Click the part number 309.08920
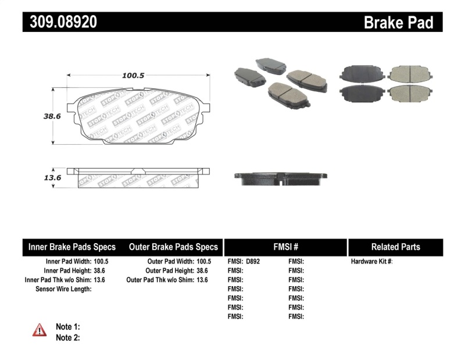coord(60,22)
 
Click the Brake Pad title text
coord(398,22)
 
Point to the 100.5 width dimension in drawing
coord(133,75)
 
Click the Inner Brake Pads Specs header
coord(72,247)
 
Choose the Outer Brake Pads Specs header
coord(173,247)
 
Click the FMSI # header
coord(285,247)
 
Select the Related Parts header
coord(395,247)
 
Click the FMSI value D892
coord(253,262)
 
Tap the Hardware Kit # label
coord(371,262)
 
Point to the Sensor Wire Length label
coord(63,289)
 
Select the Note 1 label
coord(67,327)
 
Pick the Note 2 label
coord(67,337)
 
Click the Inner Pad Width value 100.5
coord(101,262)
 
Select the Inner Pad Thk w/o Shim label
coord(58,280)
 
